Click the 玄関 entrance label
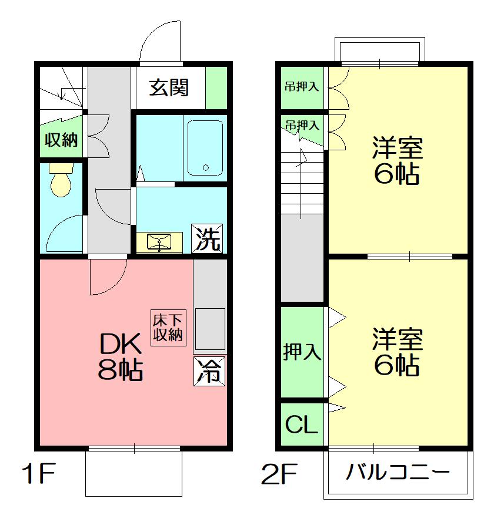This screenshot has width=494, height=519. [x=169, y=87]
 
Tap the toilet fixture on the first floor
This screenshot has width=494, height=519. [x=61, y=180]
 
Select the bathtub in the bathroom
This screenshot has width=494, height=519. [x=205, y=147]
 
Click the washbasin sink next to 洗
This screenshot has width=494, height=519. [x=159, y=242]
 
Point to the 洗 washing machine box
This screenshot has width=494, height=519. [x=207, y=238]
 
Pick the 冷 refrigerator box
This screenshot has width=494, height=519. [x=209, y=370]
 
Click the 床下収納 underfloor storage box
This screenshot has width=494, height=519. [x=168, y=328]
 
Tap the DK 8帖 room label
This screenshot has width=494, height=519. [x=121, y=357]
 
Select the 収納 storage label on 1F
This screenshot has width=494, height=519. [x=61, y=140]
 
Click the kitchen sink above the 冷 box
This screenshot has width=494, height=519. [x=210, y=329]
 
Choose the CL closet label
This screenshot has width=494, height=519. [x=301, y=424]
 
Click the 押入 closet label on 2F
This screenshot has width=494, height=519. [x=302, y=352]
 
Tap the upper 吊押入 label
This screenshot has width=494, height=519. [x=302, y=87]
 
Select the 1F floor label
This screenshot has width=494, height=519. [x=38, y=473]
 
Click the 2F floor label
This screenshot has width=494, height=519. [x=279, y=474]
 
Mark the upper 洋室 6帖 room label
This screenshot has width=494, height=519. [x=397, y=160]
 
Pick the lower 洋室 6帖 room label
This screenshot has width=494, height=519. [x=397, y=352]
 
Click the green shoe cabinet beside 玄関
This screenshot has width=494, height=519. [x=216, y=87]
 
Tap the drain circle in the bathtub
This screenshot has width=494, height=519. [x=206, y=167]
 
